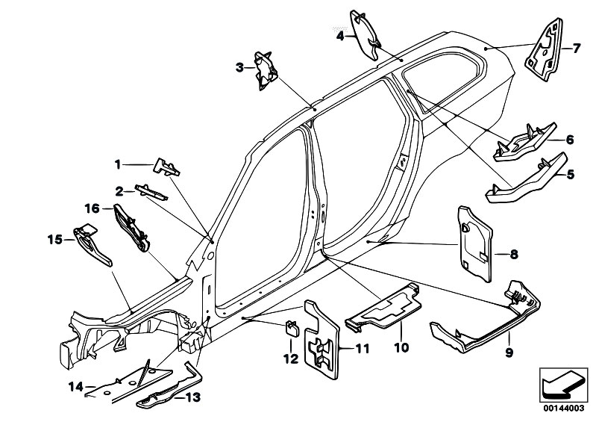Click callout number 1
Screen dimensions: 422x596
117,163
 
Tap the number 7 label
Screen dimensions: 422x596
577,49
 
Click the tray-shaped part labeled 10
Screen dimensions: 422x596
383,308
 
